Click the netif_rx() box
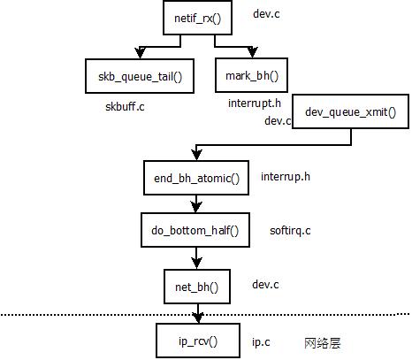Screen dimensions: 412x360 coord(197,18)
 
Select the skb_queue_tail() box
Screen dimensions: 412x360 coord(140,76)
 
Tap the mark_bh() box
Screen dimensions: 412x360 coord(251,75)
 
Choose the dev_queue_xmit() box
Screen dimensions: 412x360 coord(350,111)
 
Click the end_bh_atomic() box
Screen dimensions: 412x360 coord(196,178)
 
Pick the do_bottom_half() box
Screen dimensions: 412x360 coord(195,230)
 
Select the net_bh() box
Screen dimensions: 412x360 coord(197,287)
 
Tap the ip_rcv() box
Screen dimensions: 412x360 coord(198,341)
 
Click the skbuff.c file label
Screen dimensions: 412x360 coord(125,106)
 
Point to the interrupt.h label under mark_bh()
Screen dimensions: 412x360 coord(255,103)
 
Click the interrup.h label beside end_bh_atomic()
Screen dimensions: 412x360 coord(286,177)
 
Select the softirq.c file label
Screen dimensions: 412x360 coord(290,231)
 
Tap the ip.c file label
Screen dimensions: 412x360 coord(261,342)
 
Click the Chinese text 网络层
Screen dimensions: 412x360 coord(323,343)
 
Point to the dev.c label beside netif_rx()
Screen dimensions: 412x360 coord(266,14)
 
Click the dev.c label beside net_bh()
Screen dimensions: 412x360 coord(265,285)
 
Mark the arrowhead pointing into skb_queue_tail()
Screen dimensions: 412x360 coord(140,53)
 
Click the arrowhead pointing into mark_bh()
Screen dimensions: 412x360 coord(252,52)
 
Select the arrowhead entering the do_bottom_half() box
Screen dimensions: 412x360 coord(196,207)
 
